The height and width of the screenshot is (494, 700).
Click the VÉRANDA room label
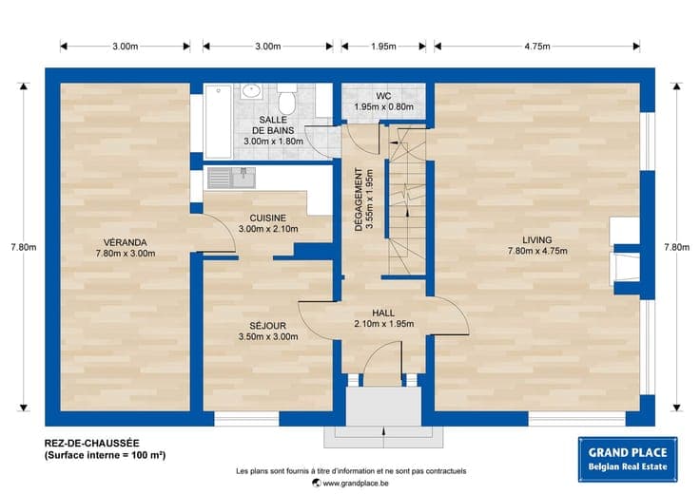pos(125,242)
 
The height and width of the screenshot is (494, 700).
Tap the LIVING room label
pos(537,239)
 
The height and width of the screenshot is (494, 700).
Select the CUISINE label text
pos(268,218)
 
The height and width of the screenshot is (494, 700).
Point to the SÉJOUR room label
pos(268,326)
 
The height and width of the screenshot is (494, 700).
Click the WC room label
pos(383,96)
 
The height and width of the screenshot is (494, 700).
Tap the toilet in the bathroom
pos(287,99)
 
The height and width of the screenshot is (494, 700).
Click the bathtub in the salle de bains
pos(219,122)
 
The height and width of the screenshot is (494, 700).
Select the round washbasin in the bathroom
pos(251,91)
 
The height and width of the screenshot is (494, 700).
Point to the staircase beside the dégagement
pos(406,200)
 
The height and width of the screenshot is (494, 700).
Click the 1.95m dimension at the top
pos(383,47)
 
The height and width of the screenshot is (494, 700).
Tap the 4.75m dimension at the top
pos(537,47)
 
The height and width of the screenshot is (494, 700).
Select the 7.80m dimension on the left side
pos(24,247)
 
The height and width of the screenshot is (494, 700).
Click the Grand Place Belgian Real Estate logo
pos(628,459)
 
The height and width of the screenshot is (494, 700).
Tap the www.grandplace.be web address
pos(356,484)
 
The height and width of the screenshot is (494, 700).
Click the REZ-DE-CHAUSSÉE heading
pos(92,443)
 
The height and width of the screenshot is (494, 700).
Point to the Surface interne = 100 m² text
pos(105,455)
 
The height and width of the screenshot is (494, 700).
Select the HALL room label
pos(383,313)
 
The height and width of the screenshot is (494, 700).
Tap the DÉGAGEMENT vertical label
pos(359,199)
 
